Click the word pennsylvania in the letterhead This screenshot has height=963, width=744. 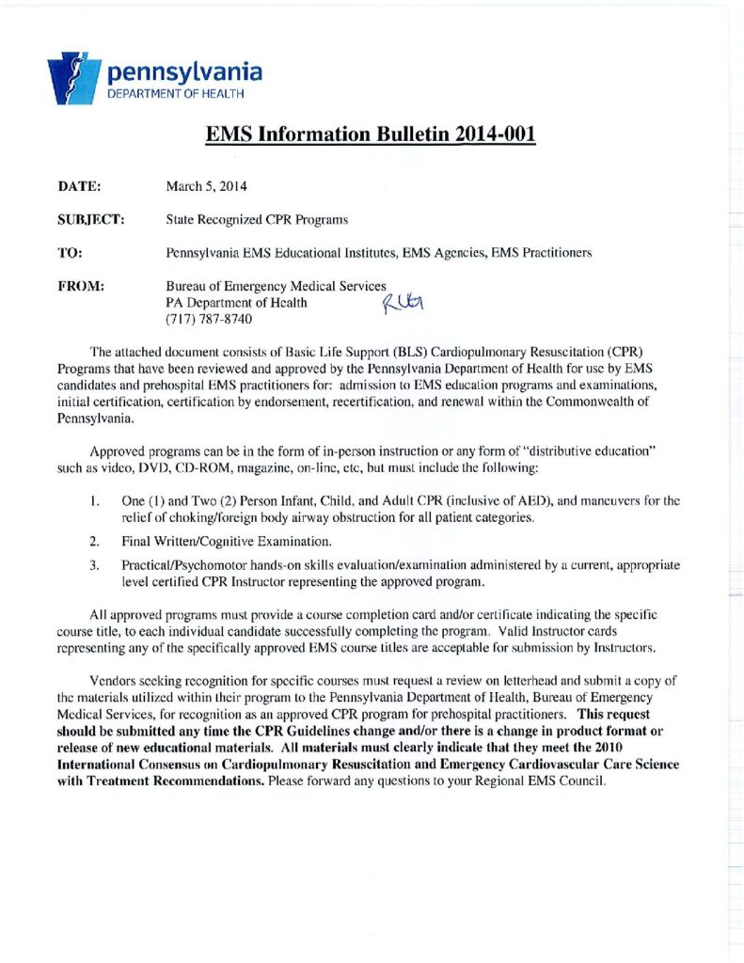[x=184, y=71]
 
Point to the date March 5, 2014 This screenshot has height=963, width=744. [x=198, y=187]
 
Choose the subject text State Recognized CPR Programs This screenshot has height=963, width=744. [x=257, y=220]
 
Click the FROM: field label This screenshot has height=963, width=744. [x=80, y=286]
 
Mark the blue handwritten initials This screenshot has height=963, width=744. [x=404, y=302]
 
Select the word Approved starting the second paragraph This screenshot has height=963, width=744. [x=117, y=451]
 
